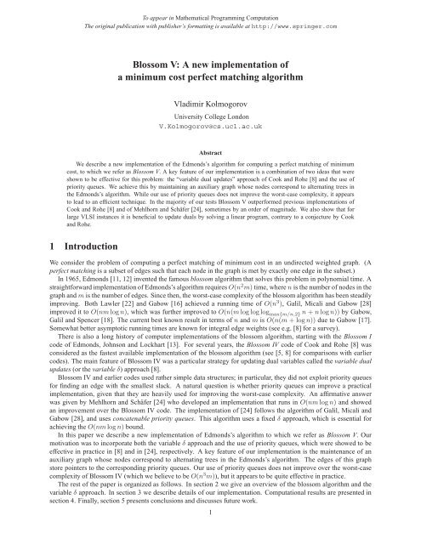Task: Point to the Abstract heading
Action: [210, 146]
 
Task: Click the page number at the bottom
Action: [210, 536]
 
